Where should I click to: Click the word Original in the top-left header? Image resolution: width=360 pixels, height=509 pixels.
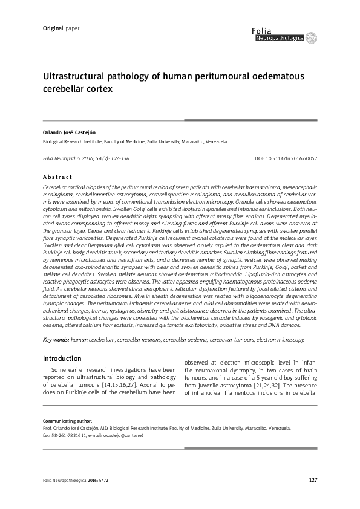53,28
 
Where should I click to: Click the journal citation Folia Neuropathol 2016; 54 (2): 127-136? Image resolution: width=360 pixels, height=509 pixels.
86,158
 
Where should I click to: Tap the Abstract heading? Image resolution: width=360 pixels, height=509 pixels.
57,177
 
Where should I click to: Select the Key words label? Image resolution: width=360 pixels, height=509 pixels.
56,340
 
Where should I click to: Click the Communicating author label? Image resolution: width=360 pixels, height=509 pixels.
67,420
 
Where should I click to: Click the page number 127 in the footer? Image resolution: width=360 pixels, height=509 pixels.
312,480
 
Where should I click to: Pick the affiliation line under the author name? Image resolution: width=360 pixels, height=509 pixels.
134,142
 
